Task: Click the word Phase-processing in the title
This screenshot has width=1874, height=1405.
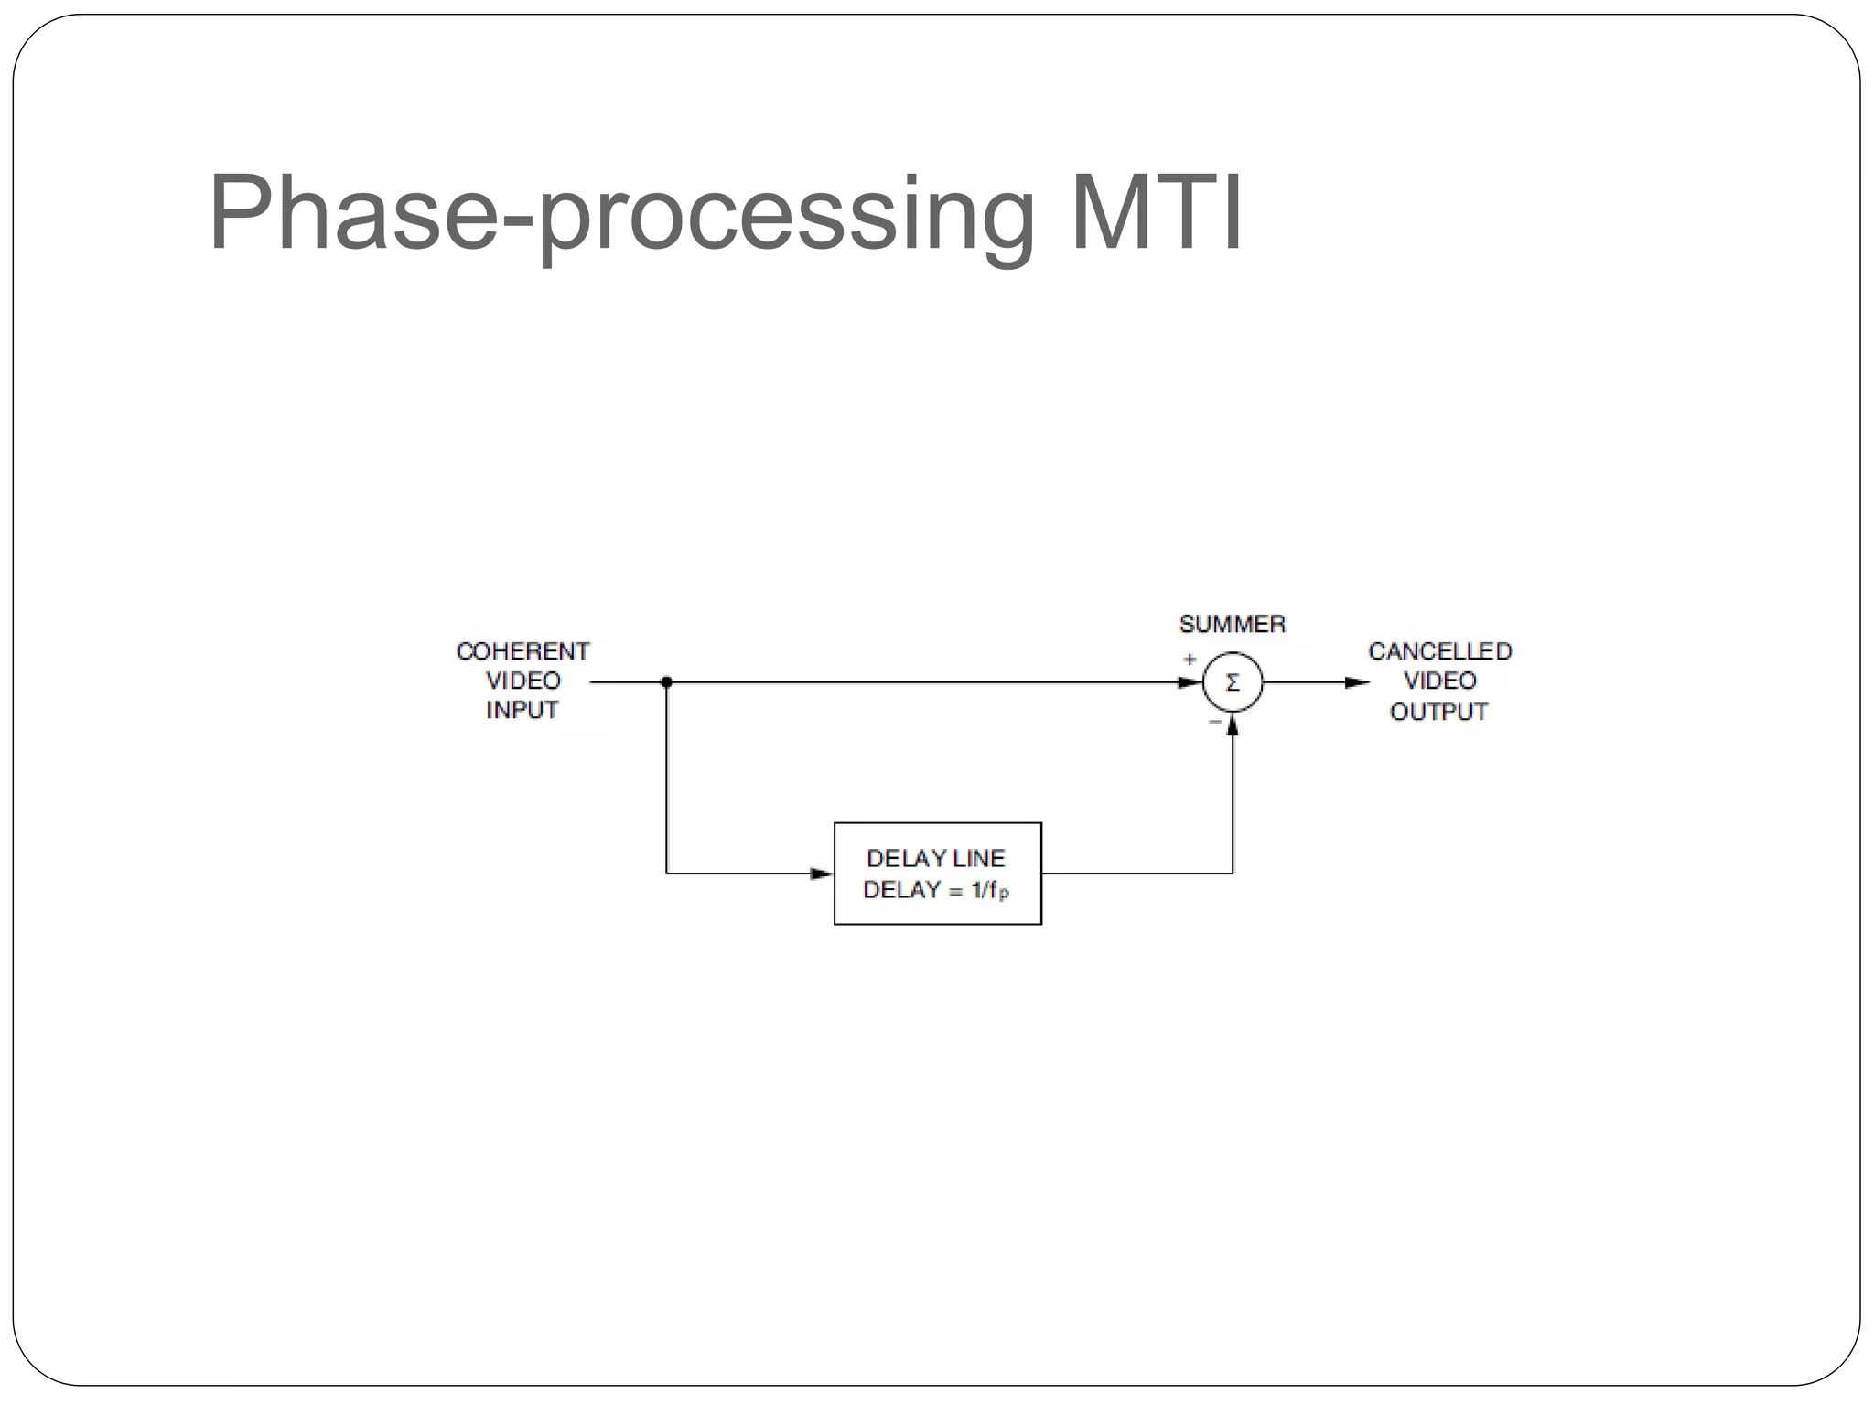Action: pyautogui.click(x=622, y=215)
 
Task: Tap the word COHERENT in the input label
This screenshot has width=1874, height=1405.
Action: pyautogui.click(x=522, y=651)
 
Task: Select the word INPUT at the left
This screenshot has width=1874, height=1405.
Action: pyautogui.click(x=522, y=710)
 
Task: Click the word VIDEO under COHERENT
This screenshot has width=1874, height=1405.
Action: pyautogui.click(x=522, y=681)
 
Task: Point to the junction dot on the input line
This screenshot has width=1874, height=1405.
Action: pyautogui.click(x=666, y=682)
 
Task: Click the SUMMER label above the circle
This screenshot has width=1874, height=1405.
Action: pyautogui.click(x=1232, y=624)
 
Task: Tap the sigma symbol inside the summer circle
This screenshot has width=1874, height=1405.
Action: pyautogui.click(x=1233, y=682)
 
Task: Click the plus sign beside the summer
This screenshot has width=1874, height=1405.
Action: pyautogui.click(x=1190, y=659)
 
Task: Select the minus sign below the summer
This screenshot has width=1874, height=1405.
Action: pyautogui.click(x=1215, y=723)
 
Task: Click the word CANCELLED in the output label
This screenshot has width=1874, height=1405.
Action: pyautogui.click(x=1439, y=651)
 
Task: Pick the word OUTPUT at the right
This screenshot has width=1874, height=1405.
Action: pyautogui.click(x=1438, y=712)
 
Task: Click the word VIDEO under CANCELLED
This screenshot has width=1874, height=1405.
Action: pyautogui.click(x=1439, y=681)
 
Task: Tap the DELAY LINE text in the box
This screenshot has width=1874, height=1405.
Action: pyautogui.click(x=935, y=858)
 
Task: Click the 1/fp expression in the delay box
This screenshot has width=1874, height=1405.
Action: pyautogui.click(x=990, y=890)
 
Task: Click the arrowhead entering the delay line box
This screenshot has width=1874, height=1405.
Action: pyautogui.click(x=822, y=874)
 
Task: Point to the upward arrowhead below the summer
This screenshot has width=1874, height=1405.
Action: pyautogui.click(x=1233, y=727)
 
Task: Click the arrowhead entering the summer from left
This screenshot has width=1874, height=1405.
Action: pyautogui.click(x=1190, y=682)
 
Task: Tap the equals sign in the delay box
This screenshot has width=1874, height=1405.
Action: pyautogui.click(x=955, y=891)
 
